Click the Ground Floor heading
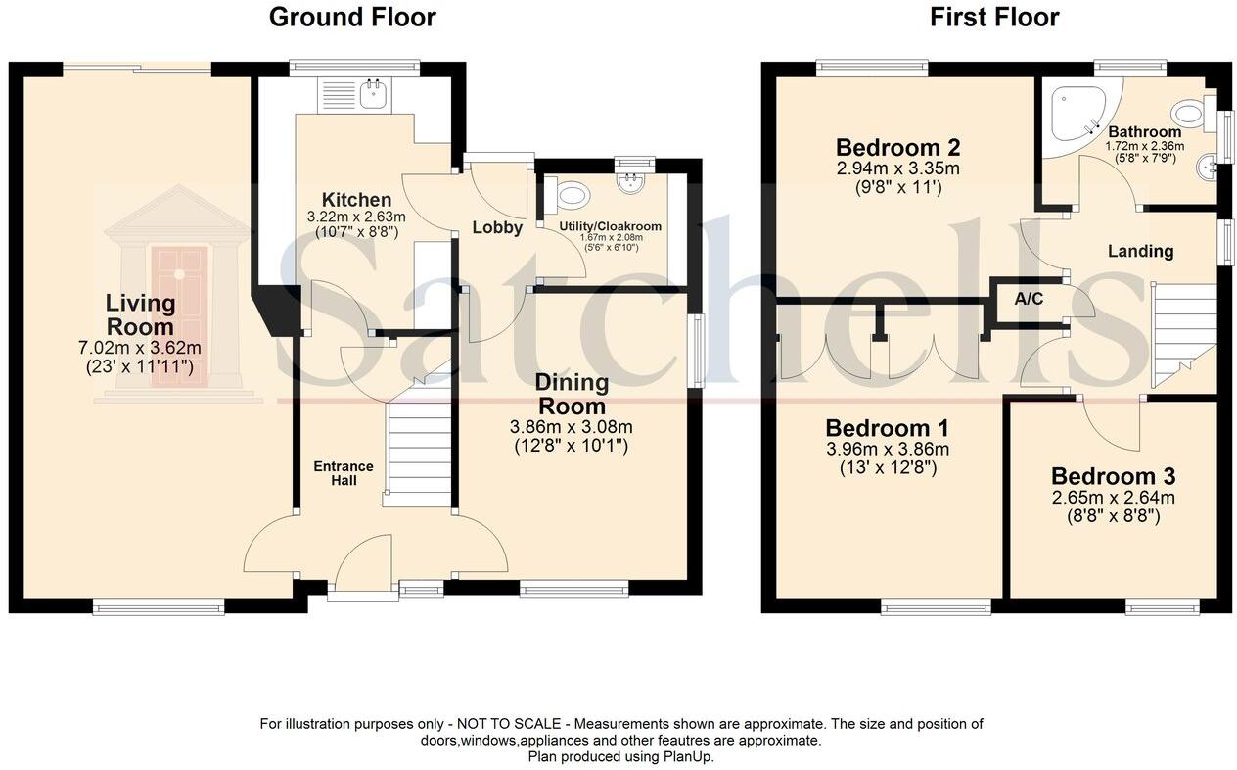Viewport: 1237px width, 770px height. pyautogui.click(x=352, y=17)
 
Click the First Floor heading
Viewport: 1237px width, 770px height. pyautogui.click(x=994, y=17)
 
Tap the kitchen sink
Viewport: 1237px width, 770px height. pyautogui.click(x=373, y=94)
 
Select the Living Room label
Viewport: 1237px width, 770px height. pyautogui.click(x=140, y=314)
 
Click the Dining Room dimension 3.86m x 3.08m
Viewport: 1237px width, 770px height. pyautogui.click(x=571, y=427)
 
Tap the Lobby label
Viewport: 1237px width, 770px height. pyautogui.click(x=497, y=227)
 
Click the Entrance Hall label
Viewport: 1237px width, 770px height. pyautogui.click(x=343, y=473)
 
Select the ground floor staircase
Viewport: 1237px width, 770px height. pyautogui.click(x=419, y=451)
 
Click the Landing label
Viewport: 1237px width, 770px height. pyautogui.click(x=1140, y=251)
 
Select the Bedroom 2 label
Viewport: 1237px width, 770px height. pyautogui.click(x=897, y=148)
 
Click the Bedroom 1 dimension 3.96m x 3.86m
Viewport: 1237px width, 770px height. pyautogui.click(x=887, y=450)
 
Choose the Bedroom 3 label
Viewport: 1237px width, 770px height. pyautogui.click(x=1113, y=477)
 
